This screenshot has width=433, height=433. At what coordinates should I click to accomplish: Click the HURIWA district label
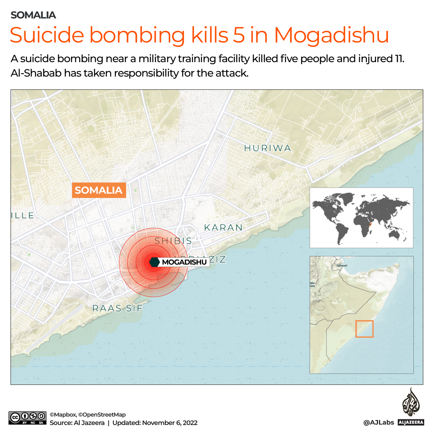[268, 148]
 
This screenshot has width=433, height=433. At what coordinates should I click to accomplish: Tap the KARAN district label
[224, 228]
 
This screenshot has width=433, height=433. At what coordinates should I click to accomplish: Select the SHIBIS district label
[173, 241]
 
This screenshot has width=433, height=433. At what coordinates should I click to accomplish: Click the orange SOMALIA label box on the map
[99, 190]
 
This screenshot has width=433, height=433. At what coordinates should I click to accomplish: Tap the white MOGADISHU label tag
[184, 262]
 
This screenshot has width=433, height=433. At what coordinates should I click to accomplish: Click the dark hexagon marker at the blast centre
[154, 262]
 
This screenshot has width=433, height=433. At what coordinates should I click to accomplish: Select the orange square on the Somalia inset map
[364, 329]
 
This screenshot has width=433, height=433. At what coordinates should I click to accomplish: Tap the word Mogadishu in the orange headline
[332, 35]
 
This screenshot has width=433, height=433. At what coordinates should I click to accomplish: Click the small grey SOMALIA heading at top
[33, 15]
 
